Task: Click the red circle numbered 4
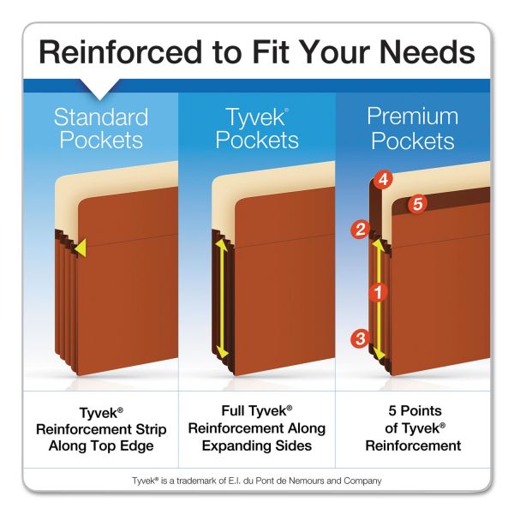pos(383,180)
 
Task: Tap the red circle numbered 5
pos(418,204)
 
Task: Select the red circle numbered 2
pos(361,229)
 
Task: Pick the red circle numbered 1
pos(379,292)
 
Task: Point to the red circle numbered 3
pos(361,338)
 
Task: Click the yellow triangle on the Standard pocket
pos(81,248)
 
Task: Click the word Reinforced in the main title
pos(120,52)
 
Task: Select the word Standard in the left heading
pos(101,117)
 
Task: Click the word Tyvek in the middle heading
pos(256,118)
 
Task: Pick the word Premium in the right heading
pos(412,117)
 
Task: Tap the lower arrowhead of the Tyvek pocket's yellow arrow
pos(223,353)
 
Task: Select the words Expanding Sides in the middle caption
pos(257,445)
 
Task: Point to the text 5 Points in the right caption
pos(415,410)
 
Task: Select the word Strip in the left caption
pos(149,429)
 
